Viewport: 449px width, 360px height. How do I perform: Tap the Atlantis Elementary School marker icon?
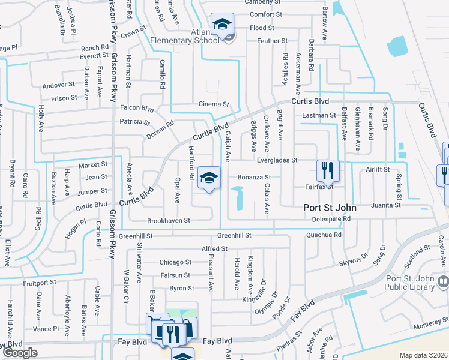coord(223,26)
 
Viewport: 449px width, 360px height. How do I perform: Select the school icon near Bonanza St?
coord(209,178)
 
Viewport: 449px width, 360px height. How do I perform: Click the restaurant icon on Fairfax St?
coord(327,170)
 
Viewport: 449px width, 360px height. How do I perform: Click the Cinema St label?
coord(215,104)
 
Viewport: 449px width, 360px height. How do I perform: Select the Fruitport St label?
coord(35,282)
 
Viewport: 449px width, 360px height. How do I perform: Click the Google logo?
coord(20,353)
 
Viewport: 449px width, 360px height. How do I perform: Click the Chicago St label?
coord(175,262)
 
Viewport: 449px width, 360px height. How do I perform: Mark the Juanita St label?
coord(385,205)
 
